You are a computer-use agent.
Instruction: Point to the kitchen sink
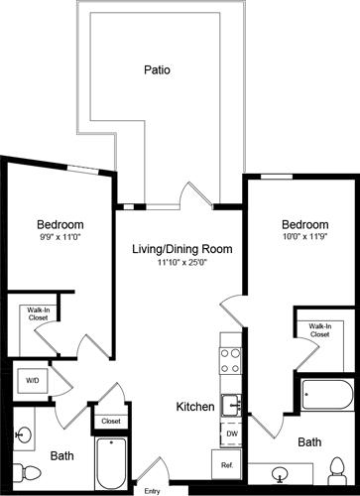(230, 404)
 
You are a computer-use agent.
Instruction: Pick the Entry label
(152, 490)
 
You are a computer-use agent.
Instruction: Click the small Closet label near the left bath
(109, 421)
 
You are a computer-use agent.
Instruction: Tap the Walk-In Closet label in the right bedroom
(319, 330)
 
